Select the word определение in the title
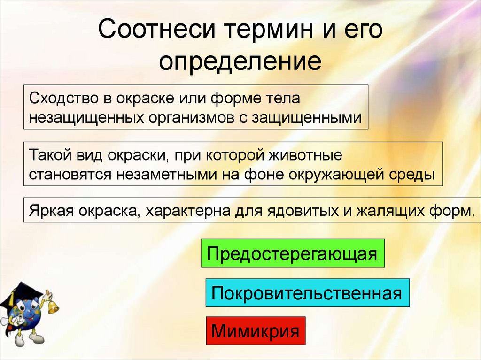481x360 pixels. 240,62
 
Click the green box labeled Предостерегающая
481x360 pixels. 293,253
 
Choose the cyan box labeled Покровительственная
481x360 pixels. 307,293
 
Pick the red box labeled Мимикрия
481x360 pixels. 256,330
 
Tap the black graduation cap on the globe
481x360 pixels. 19,294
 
